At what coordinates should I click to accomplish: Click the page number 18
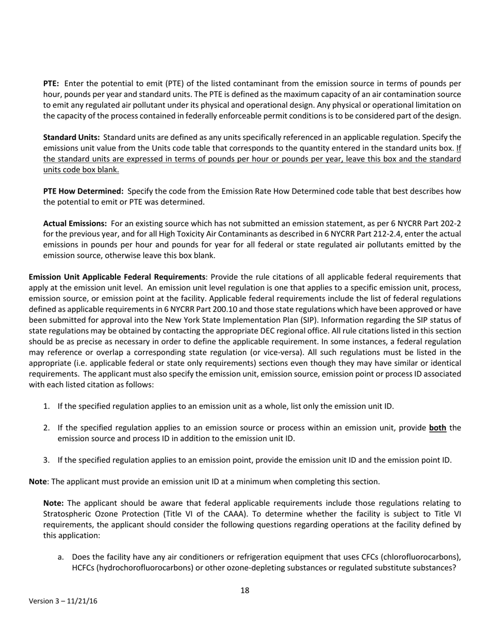tap(245, 591)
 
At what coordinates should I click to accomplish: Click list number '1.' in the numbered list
tap(46, 406)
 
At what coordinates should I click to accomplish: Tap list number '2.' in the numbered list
tap(46, 427)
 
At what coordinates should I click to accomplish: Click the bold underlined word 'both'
tap(437, 427)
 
